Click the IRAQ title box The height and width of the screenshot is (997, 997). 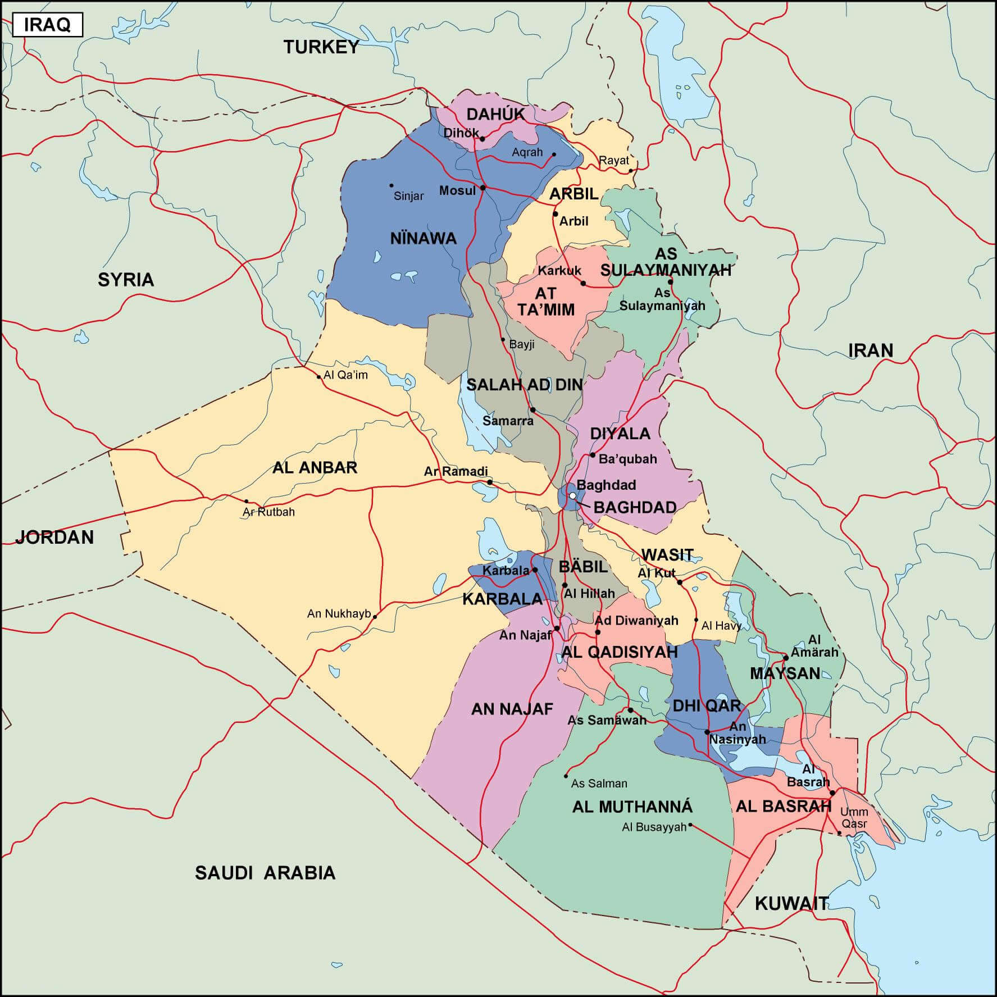(48, 25)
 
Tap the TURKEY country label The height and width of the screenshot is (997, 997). (321, 47)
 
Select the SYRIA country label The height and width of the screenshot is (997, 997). (126, 280)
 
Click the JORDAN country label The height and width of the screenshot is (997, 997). (54, 538)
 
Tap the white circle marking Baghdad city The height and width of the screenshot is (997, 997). (572, 496)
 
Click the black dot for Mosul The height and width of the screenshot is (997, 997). (483, 188)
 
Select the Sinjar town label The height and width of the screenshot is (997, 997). (408, 196)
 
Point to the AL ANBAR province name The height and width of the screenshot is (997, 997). (315, 468)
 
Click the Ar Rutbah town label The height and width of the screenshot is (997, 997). (268, 512)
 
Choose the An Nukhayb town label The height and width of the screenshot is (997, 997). (339, 614)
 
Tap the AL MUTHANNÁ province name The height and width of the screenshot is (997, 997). (632, 807)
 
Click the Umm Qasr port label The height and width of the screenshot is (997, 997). (854, 818)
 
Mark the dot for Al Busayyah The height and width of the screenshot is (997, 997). (690, 825)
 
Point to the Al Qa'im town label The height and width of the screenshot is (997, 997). (345, 375)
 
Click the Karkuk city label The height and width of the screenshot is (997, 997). (559, 271)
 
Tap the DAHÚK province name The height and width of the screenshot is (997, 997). (495, 115)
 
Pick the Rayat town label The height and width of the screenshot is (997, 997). (613, 161)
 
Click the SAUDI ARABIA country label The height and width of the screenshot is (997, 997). (265, 873)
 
